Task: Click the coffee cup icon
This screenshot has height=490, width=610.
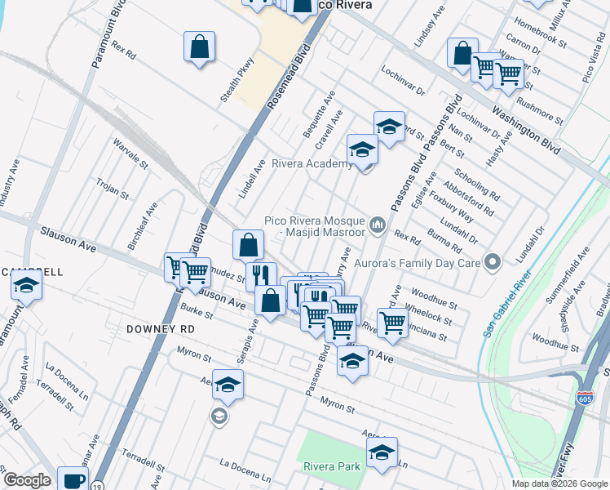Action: tap(73, 480)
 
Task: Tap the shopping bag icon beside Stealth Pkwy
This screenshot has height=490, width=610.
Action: tap(199, 47)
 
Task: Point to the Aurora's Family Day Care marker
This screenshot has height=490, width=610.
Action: tap(492, 262)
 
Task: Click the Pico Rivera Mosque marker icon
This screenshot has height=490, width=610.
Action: tap(378, 224)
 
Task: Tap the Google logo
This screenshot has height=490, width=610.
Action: tap(26, 481)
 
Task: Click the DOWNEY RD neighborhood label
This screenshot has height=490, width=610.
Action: tap(161, 328)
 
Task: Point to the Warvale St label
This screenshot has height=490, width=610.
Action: tap(130, 153)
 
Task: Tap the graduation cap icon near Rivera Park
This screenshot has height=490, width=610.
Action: tap(381, 454)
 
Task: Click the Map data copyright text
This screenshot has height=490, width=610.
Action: tap(559, 483)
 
